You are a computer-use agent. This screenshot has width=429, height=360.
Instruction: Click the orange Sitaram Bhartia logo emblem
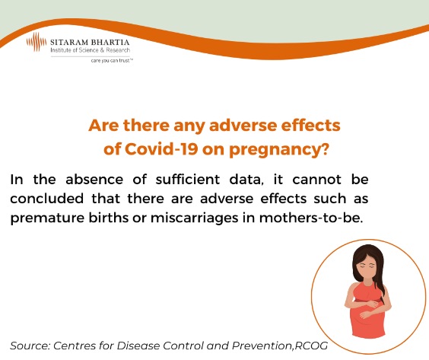[x=37, y=42]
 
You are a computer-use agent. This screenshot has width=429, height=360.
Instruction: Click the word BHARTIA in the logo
[x=110, y=43]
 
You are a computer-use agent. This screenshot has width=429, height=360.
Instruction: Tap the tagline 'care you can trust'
[x=112, y=60]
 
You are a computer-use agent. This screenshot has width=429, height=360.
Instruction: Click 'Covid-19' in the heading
[x=161, y=148]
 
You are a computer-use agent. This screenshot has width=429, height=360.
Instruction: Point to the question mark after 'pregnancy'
[x=324, y=148]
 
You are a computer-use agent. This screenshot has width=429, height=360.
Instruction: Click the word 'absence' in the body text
[x=94, y=180]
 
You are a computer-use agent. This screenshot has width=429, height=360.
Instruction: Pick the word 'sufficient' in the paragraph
[x=188, y=180]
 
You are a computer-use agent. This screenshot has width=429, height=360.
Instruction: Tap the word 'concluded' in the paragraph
[x=47, y=199]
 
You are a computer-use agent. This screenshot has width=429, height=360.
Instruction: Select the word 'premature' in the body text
[x=47, y=218]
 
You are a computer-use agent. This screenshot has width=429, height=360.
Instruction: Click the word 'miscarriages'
[x=194, y=218]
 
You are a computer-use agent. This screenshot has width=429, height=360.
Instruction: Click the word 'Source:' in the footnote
[x=30, y=346]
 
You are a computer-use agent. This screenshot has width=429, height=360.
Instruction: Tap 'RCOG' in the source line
[x=311, y=346]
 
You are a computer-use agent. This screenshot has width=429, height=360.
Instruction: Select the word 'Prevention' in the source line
[x=262, y=346]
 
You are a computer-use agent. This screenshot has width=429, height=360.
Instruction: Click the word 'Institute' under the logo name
[x=60, y=50]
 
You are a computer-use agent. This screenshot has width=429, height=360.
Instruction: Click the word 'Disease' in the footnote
[x=138, y=346]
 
